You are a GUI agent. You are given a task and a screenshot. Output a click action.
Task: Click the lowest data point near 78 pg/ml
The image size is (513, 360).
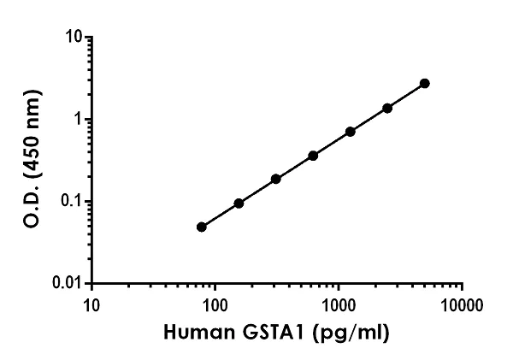(202, 227)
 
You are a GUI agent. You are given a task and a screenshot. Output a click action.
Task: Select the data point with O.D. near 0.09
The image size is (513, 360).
(239, 204)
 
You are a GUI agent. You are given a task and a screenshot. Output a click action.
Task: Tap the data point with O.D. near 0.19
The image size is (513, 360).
(276, 179)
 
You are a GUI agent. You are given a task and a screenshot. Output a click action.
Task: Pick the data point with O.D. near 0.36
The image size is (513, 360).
(313, 156)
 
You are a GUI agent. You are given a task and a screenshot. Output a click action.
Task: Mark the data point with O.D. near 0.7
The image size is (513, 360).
(351, 132)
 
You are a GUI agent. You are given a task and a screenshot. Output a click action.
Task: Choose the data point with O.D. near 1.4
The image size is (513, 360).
(387, 108)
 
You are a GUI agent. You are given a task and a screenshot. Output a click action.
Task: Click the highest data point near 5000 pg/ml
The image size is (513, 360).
(425, 83)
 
